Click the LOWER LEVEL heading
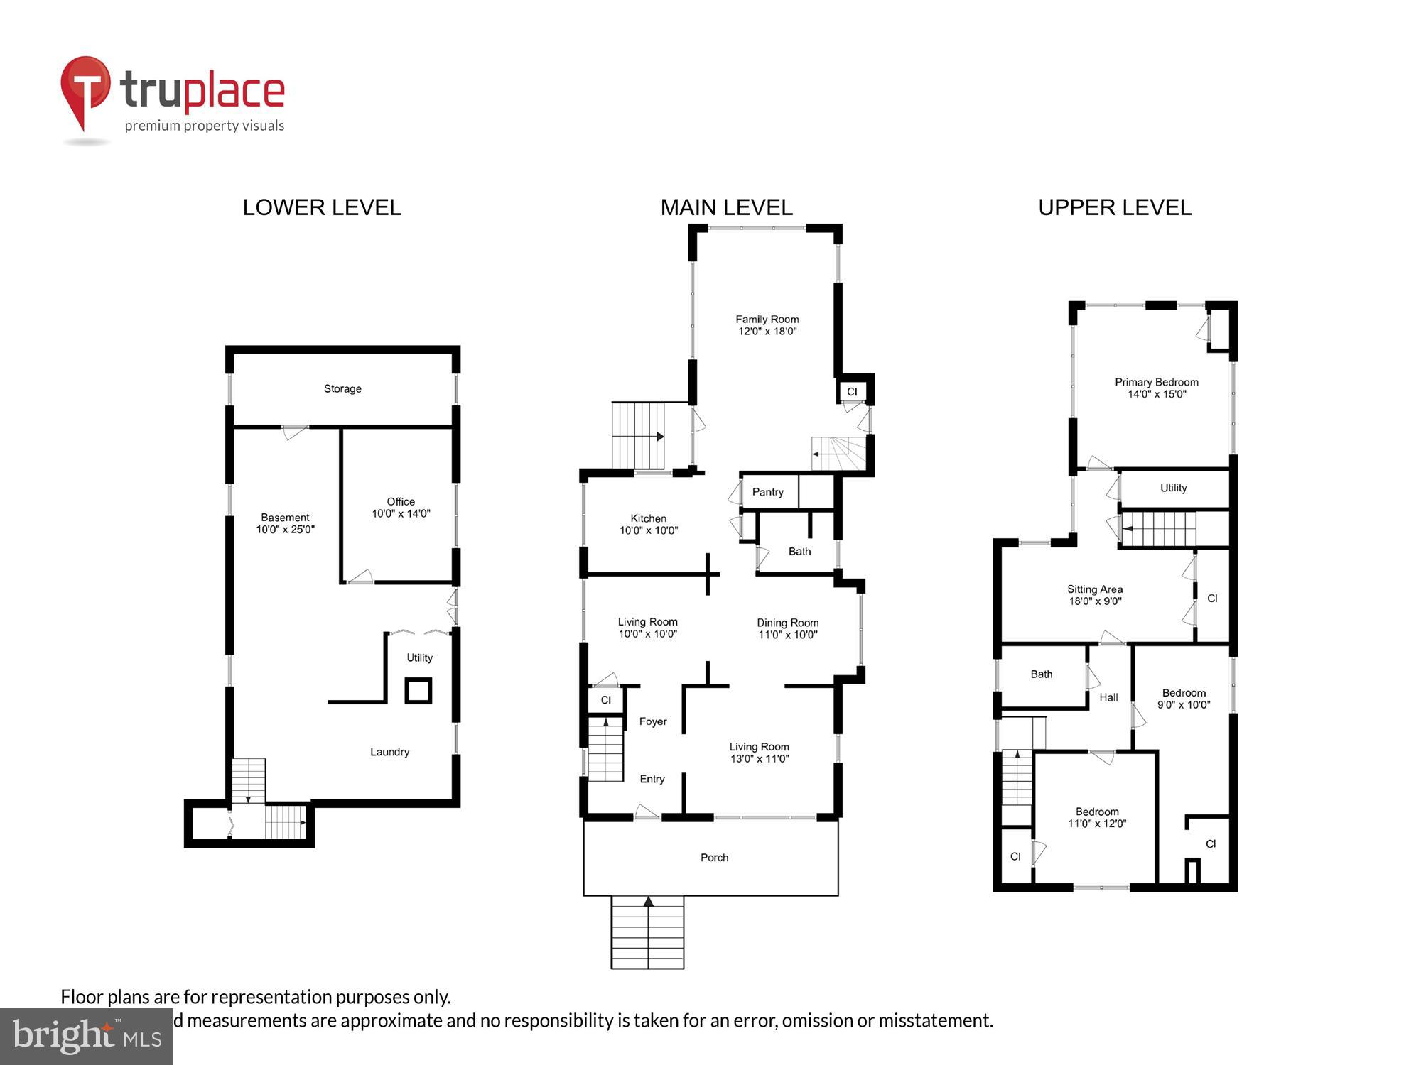tap(322, 207)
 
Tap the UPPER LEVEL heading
tap(1114, 207)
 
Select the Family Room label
tap(767, 319)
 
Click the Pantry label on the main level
tap(767, 492)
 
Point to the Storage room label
tap(342, 388)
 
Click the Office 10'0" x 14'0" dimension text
tap(401, 514)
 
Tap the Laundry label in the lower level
tap(389, 752)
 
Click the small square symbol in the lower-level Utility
tap(418, 690)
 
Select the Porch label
tap(714, 858)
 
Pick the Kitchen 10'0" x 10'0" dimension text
tap(649, 530)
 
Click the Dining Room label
tap(787, 623)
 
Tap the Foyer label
tap(652, 721)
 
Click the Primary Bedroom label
tap(1156, 382)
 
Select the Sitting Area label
tap(1094, 589)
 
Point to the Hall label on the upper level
tap(1108, 697)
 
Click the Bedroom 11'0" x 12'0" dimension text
tap(1097, 824)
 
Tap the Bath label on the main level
tap(799, 552)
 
